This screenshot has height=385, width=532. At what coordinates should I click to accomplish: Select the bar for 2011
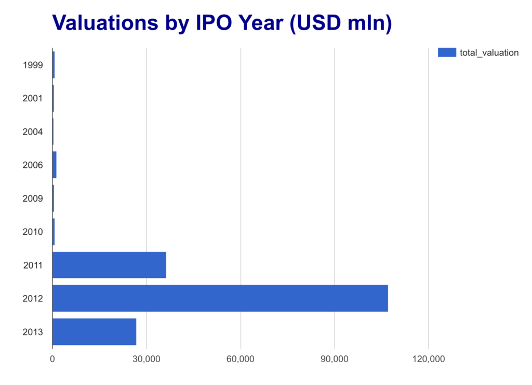click(x=110, y=265)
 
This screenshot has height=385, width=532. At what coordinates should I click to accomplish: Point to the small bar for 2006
click(x=55, y=165)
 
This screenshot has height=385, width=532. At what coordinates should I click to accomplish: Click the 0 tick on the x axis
click(x=52, y=359)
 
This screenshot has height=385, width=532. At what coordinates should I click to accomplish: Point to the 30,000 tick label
click(x=147, y=359)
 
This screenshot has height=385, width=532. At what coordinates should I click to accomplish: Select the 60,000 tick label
click(x=241, y=359)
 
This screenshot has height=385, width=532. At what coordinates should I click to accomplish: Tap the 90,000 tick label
click(x=335, y=359)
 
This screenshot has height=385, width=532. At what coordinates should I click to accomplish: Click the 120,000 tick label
click(x=429, y=359)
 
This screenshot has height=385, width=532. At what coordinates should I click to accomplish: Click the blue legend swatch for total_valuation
click(x=447, y=52)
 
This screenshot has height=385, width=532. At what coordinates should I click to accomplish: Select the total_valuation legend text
click(x=489, y=52)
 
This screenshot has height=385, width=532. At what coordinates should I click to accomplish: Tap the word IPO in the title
click(x=216, y=23)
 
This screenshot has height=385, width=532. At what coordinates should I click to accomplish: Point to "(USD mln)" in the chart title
click(x=341, y=24)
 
